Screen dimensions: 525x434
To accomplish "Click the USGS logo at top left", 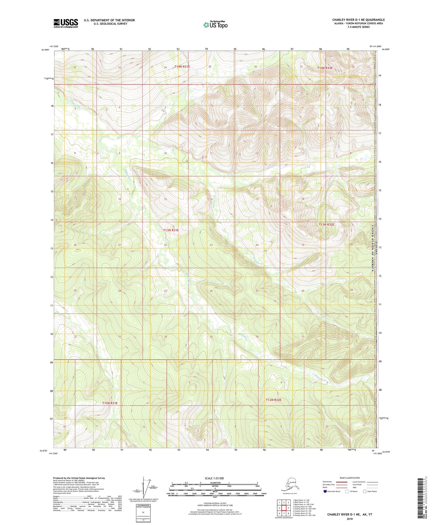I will [65, 23].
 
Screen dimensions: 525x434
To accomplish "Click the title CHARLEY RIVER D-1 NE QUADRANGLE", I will [358, 20].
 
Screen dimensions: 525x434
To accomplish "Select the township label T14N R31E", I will [182, 66].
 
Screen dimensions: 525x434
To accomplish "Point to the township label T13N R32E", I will [326, 225].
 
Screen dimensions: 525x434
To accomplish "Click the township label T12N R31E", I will [110, 403].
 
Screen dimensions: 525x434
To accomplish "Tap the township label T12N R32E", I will [274, 400].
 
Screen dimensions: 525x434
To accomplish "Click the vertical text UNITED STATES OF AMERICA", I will [373, 248].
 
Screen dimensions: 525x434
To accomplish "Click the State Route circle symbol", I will [365, 491].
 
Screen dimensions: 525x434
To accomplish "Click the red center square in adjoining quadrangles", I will [284, 508].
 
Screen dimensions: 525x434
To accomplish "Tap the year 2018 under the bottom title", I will [350, 519].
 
